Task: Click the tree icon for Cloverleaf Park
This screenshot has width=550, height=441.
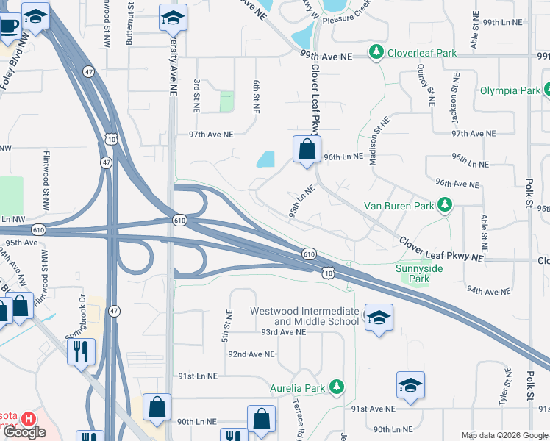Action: [x=376, y=52]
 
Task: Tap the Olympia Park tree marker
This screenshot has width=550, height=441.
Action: [x=545, y=90]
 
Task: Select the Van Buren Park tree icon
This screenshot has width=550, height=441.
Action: [x=444, y=206]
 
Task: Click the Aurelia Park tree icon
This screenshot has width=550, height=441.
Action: [x=336, y=386]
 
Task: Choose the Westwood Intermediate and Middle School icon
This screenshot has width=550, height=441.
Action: [x=378, y=318]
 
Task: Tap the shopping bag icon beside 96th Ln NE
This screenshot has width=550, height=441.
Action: [x=307, y=149]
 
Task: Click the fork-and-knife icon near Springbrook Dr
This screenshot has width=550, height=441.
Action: [x=80, y=351]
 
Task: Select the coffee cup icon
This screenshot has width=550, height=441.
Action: [x=8, y=25]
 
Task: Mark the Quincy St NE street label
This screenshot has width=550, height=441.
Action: [x=424, y=85]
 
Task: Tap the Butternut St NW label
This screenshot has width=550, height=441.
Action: [x=129, y=24]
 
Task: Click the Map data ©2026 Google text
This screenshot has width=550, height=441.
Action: [x=504, y=434]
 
